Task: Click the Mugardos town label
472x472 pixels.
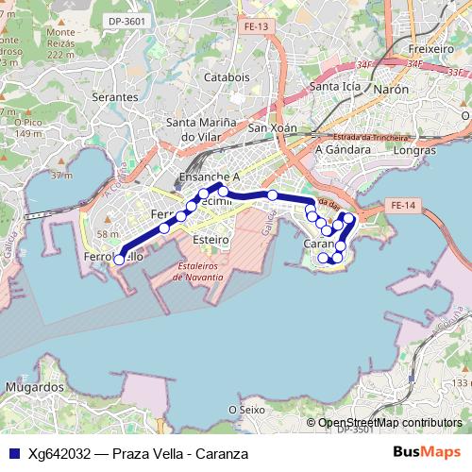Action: pyautogui.click(x=34, y=387)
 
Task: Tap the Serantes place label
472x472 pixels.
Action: pyautogui.click(x=114, y=97)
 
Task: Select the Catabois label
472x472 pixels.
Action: pyautogui.click(x=227, y=77)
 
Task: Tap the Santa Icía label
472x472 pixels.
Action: pyautogui.click(x=337, y=89)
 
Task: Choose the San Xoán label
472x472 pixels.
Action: pyautogui.click(x=272, y=128)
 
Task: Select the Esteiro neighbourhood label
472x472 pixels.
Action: pyautogui.click(x=210, y=240)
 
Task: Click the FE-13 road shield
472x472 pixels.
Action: pyautogui.click(x=252, y=27)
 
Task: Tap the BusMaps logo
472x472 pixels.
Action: pyautogui.click(x=427, y=453)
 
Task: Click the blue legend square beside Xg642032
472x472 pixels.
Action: pyautogui.click(x=13, y=454)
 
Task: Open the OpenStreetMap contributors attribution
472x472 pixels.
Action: pyautogui.click(x=390, y=423)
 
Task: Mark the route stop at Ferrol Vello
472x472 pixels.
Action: pyautogui.click(x=119, y=258)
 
